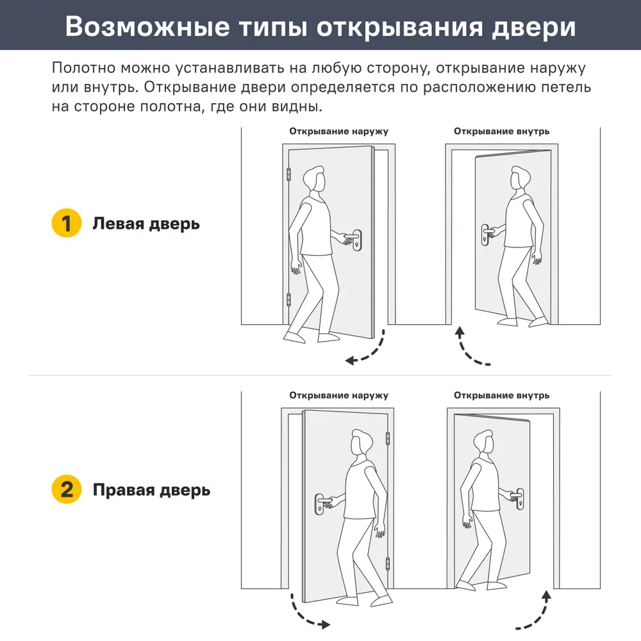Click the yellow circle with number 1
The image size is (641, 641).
click(66, 224)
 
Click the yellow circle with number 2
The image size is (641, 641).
click(66, 490)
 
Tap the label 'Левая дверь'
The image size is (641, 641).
click(146, 224)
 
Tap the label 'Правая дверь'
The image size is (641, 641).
click(151, 490)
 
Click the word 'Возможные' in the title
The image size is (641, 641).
click(149, 28)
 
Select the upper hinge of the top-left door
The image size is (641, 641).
click(288, 174)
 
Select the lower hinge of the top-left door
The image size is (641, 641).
click(288, 299)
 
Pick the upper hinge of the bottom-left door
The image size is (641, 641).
click(387, 439)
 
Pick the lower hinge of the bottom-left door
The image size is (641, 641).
click(387, 563)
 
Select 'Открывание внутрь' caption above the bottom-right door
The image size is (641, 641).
click(501, 395)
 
